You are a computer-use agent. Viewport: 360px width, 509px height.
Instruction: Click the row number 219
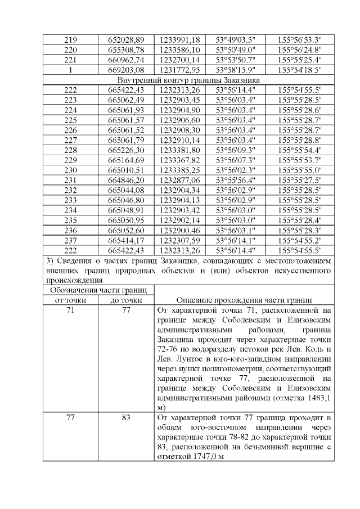pyautogui.click(x=71, y=39)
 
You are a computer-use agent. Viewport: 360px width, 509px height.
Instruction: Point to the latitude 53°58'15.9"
pyautogui.click(x=236, y=70)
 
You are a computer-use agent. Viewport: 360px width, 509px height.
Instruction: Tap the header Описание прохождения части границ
pyautogui.click(x=244, y=300)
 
